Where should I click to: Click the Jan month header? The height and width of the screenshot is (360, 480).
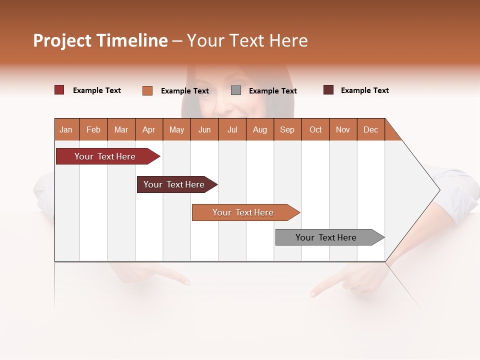click(x=66, y=129)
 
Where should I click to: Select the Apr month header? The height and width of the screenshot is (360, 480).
click(x=149, y=129)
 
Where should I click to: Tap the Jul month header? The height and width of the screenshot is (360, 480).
click(x=232, y=129)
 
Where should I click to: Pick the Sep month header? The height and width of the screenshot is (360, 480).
click(x=287, y=129)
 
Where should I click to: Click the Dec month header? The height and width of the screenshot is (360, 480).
click(x=370, y=129)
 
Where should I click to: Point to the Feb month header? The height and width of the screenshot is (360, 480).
click(x=93, y=129)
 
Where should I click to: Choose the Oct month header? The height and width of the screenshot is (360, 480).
click(x=315, y=129)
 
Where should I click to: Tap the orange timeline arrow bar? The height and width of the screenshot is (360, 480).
click(x=243, y=212)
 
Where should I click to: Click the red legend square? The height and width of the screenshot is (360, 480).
click(x=59, y=90)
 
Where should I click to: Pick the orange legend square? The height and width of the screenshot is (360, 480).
click(x=147, y=90)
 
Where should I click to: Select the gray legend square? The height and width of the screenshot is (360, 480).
click(x=236, y=90)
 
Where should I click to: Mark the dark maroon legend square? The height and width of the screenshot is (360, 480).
click(x=328, y=90)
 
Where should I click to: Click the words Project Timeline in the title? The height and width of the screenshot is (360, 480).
click(x=100, y=40)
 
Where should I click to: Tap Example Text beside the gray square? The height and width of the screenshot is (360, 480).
click(x=273, y=91)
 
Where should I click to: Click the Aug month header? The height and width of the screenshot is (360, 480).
click(x=260, y=129)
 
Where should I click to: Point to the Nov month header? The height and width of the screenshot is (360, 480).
click(x=343, y=129)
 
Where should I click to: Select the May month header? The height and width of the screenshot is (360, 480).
click(x=176, y=129)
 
